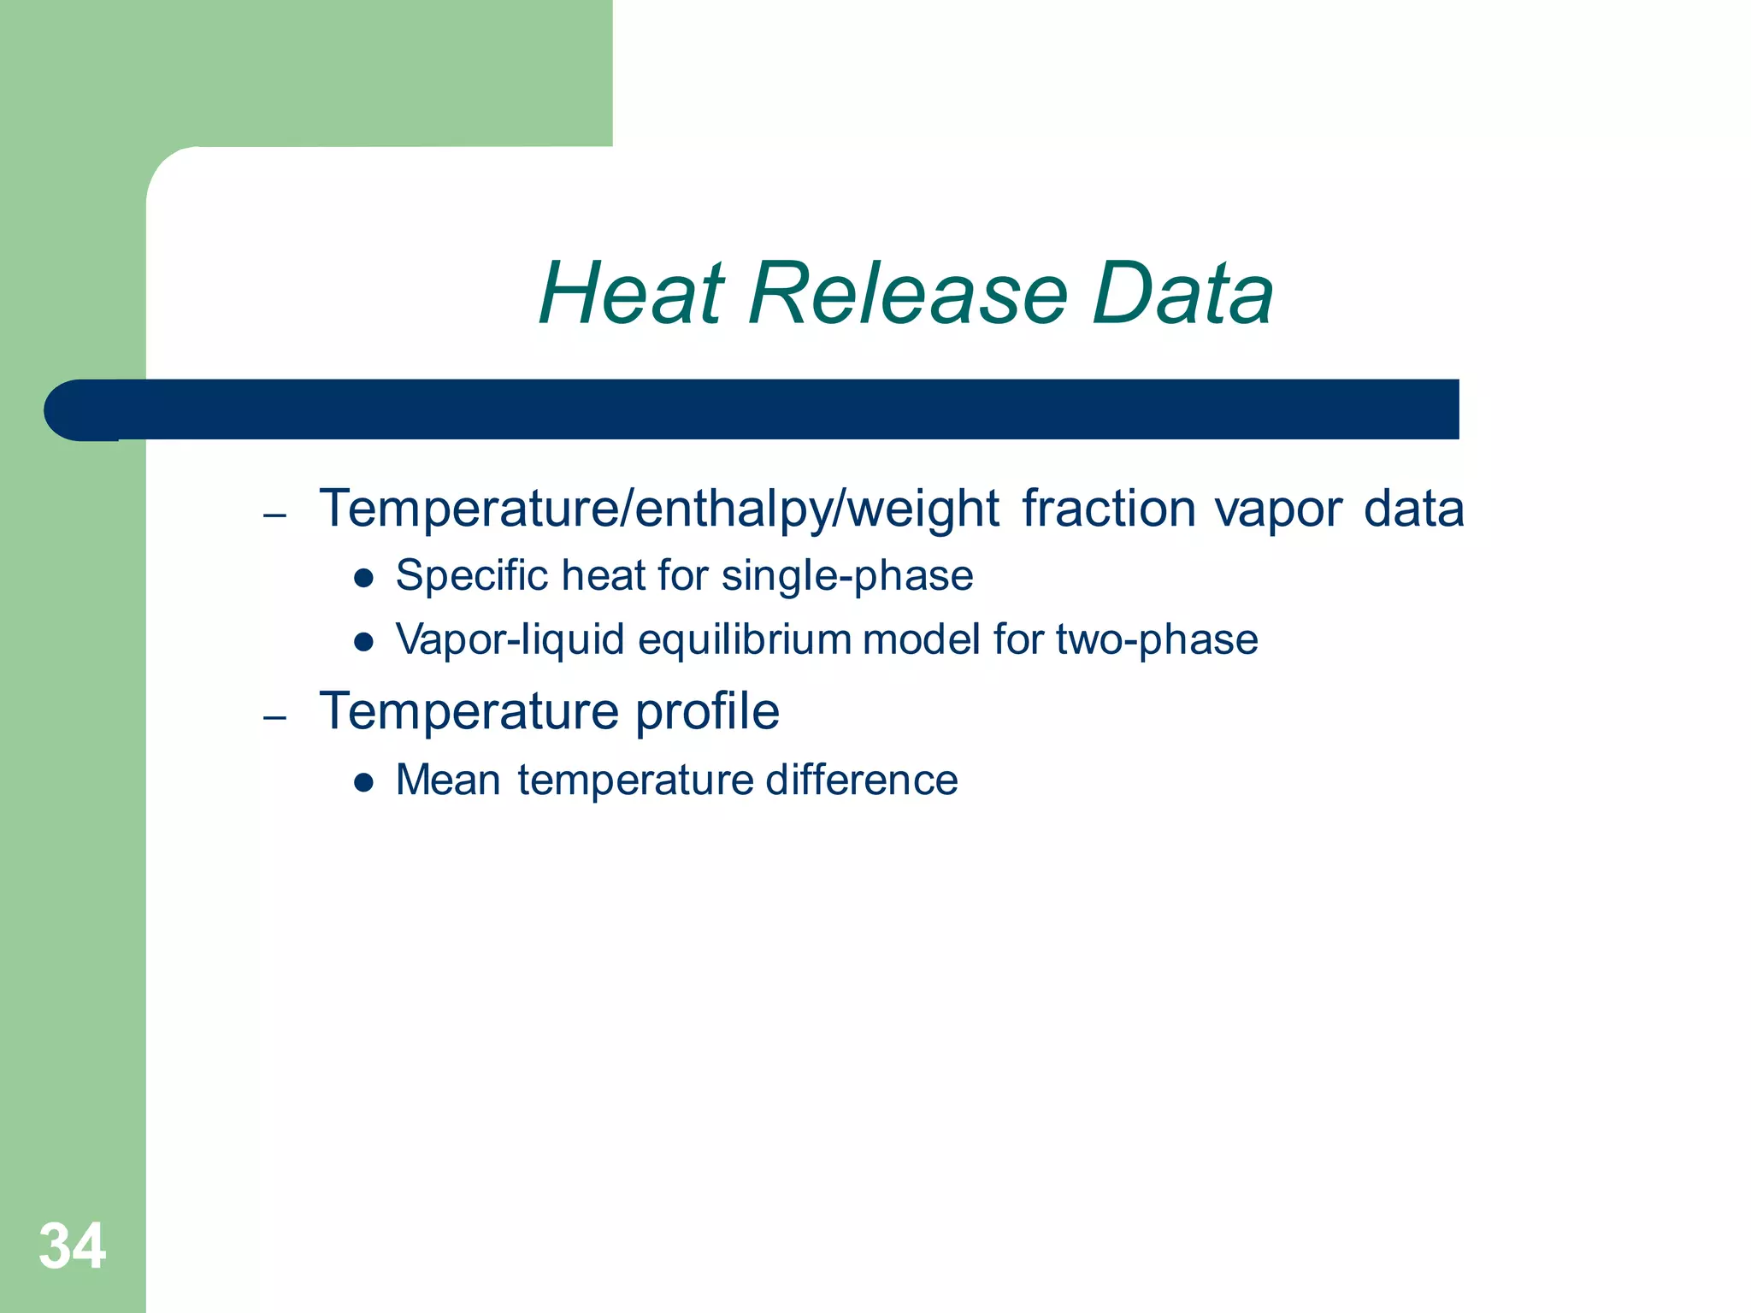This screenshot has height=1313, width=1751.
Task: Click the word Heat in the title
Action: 633,294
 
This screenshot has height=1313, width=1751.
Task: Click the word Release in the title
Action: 908,294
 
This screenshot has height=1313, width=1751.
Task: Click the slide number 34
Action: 73,1246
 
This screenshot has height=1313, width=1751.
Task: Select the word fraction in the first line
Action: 1108,509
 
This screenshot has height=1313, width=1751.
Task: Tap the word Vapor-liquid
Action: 510,640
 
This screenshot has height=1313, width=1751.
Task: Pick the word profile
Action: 707,712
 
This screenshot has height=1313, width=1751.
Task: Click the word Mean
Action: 448,780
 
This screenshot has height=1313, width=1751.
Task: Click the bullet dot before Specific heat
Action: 364,579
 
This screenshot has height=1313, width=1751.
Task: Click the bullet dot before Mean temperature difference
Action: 364,782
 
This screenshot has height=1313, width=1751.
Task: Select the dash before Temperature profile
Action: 274,717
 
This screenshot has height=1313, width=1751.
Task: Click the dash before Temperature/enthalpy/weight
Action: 274,515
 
